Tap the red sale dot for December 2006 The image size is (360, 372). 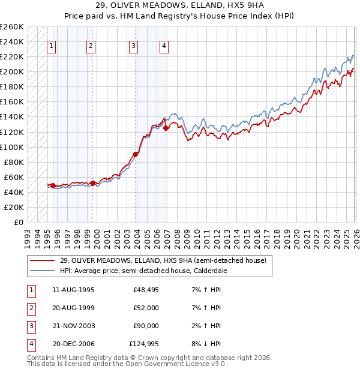166,128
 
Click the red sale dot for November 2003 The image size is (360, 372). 135,154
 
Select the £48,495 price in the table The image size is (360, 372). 146,290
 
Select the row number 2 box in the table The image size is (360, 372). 30,308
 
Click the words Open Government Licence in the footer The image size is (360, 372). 175,364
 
